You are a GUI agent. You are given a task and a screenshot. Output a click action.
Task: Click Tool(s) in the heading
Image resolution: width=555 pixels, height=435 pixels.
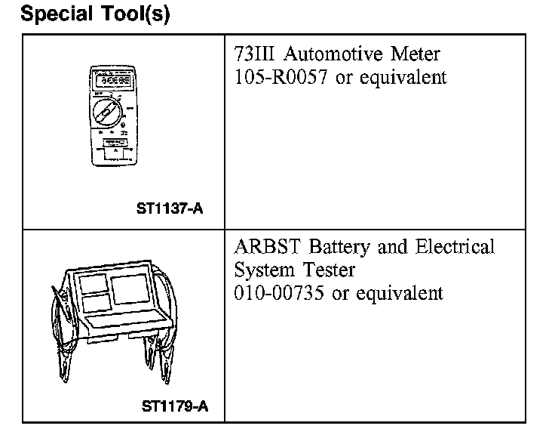click(137, 15)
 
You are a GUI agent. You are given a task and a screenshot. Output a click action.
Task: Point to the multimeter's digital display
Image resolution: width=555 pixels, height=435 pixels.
click(110, 79)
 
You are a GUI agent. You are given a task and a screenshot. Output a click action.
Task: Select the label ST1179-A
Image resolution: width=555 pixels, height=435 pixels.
click(175, 407)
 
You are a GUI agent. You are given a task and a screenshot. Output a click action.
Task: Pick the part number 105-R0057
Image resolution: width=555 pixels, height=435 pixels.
click(282, 77)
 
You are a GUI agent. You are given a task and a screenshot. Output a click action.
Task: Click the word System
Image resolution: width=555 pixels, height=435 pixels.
click(264, 271)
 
